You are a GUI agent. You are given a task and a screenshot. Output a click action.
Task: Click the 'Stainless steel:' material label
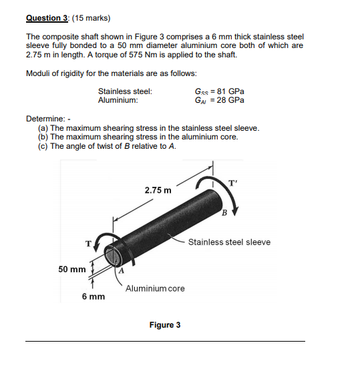click(x=125, y=91)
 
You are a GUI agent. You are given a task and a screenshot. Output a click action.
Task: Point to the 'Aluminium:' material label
click(x=118, y=100)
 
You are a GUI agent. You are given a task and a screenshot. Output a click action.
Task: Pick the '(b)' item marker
click(x=43, y=137)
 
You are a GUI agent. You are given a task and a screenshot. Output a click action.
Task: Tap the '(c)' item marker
click(x=43, y=145)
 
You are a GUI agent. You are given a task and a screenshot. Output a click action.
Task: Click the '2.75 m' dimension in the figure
click(x=158, y=190)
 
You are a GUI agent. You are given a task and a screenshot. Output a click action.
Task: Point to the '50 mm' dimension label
click(x=72, y=269)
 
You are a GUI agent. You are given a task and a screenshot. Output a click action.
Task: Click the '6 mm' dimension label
click(x=94, y=296)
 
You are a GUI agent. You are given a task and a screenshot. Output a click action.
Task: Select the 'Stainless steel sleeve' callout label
click(x=229, y=242)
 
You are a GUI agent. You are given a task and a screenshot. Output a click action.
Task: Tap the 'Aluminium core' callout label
click(x=155, y=288)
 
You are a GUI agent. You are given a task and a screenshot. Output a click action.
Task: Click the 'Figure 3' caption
click(x=165, y=325)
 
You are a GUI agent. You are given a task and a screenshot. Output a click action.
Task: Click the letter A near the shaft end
click(x=122, y=271)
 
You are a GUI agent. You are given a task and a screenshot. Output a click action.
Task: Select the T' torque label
click(x=232, y=183)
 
